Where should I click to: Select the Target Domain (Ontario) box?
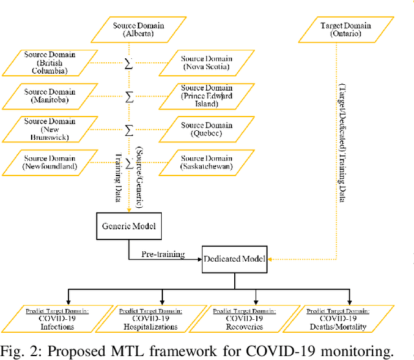pos(345,30)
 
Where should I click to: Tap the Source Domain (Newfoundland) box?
pos(50,161)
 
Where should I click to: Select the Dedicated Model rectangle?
pos(235,259)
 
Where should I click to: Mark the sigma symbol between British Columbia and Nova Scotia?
pos(129,63)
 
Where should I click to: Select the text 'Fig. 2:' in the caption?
pos(21,351)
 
